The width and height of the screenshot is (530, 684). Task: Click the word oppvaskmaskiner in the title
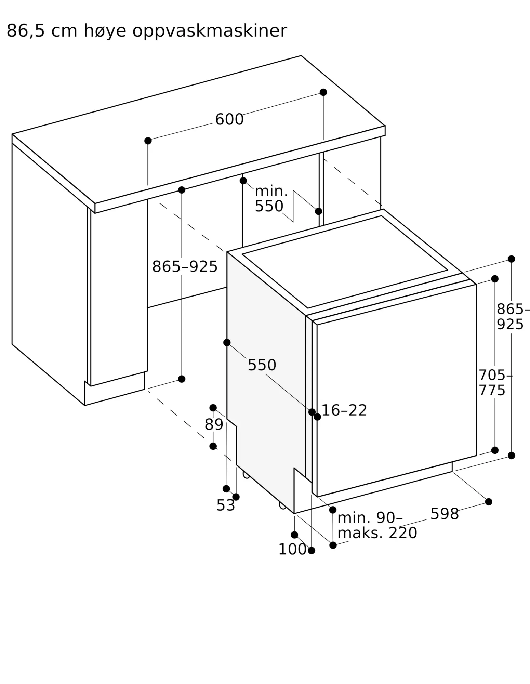point(210,31)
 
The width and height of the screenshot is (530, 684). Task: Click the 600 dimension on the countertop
point(229,119)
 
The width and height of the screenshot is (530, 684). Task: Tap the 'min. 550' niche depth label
point(271,199)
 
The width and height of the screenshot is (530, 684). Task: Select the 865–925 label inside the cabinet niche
point(185,266)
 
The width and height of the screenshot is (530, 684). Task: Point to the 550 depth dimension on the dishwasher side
point(262,365)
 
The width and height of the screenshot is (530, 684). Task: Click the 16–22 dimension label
point(344,410)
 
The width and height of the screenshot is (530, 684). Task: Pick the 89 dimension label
point(214,424)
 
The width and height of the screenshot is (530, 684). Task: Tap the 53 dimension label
point(226,505)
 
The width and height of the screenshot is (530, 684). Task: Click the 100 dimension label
point(292,549)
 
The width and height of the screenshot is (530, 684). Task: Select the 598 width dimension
point(444,514)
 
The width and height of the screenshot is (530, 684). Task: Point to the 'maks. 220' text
point(377,533)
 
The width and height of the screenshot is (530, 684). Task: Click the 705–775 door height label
point(494,383)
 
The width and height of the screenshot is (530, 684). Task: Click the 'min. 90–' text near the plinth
point(370,518)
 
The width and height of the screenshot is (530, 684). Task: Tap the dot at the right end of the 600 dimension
point(323,92)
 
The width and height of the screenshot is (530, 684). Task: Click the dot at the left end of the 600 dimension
point(148,141)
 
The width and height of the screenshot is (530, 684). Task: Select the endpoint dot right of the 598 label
point(489,502)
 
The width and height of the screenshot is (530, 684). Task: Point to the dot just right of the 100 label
point(311,550)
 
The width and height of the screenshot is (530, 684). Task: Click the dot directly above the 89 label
point(213,408)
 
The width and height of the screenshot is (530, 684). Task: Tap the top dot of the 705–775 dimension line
point(495,279)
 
